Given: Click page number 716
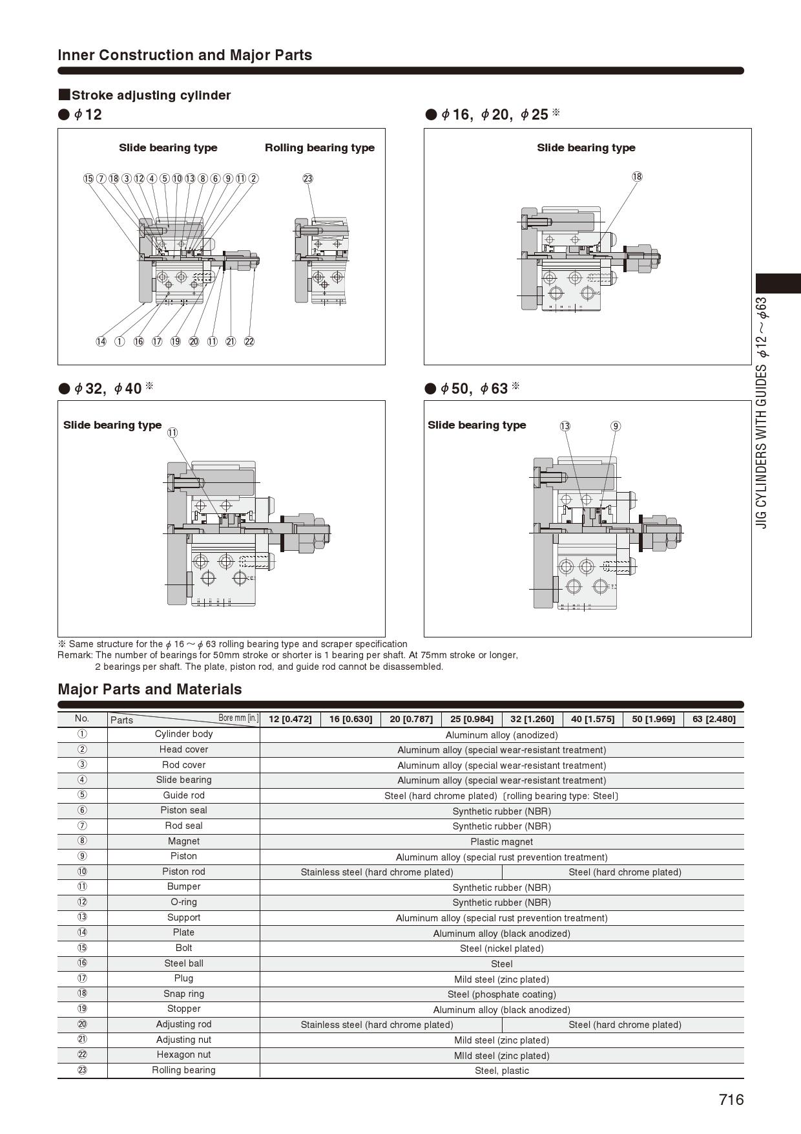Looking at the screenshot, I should click(731, 1100).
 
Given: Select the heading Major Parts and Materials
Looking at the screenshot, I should click(150, 689).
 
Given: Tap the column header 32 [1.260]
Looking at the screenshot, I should click(532, 719).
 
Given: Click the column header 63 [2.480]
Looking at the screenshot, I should click(713, 719).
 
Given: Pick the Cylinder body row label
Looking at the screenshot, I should click(183, 734).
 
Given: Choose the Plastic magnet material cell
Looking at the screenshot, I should click(501, 842).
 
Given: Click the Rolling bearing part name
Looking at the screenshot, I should click(183, 1070).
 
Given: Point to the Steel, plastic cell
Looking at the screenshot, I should click(501, 1071).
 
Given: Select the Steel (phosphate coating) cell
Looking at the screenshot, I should click(501, 994).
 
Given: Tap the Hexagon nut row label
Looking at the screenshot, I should click(183, 1054).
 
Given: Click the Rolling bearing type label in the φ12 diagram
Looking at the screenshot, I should click(319, 147).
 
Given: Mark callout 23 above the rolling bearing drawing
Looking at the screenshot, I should click(308, 178).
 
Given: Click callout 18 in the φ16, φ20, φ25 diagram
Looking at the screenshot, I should click(637, 177).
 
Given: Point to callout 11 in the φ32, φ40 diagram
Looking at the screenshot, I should click(172, 433).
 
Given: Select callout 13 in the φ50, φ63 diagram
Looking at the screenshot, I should click(565, 426).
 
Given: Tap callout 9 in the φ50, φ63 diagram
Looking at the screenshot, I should click(616, 426).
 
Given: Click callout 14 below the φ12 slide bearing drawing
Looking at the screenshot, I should click(101, 341).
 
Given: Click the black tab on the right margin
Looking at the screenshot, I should click(778, 283).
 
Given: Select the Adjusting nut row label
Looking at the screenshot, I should click(183, 1040).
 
